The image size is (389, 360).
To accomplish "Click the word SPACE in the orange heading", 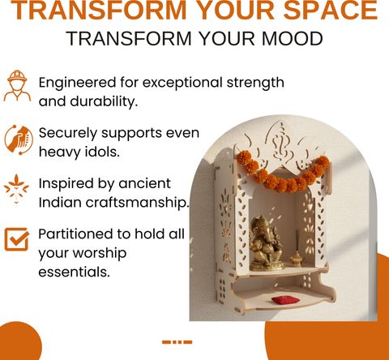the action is (x=331, y=10).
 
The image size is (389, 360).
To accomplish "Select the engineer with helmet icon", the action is (x=17, y=86).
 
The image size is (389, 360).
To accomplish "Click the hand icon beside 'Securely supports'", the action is (x=19, y=139).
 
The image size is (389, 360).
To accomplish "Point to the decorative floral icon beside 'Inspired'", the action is (x=16, y=190).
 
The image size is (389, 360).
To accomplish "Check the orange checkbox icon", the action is (x=17, y=239).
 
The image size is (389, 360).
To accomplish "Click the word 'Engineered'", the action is (x=77, y=84).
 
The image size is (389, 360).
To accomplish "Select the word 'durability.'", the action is (x=104, y=101).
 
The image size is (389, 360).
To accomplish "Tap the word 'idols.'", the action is (x=102, y=152).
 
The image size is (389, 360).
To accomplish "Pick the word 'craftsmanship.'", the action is (x=137, y=203).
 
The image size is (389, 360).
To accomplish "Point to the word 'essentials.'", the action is (x=75, y=272).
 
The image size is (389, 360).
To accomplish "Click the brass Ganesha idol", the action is (x=267, y=243).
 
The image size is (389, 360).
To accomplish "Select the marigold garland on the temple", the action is (x=283, y=171).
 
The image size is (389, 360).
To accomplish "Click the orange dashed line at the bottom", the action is (x=177, y=342).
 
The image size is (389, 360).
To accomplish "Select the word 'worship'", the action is (x=100, y=254).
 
